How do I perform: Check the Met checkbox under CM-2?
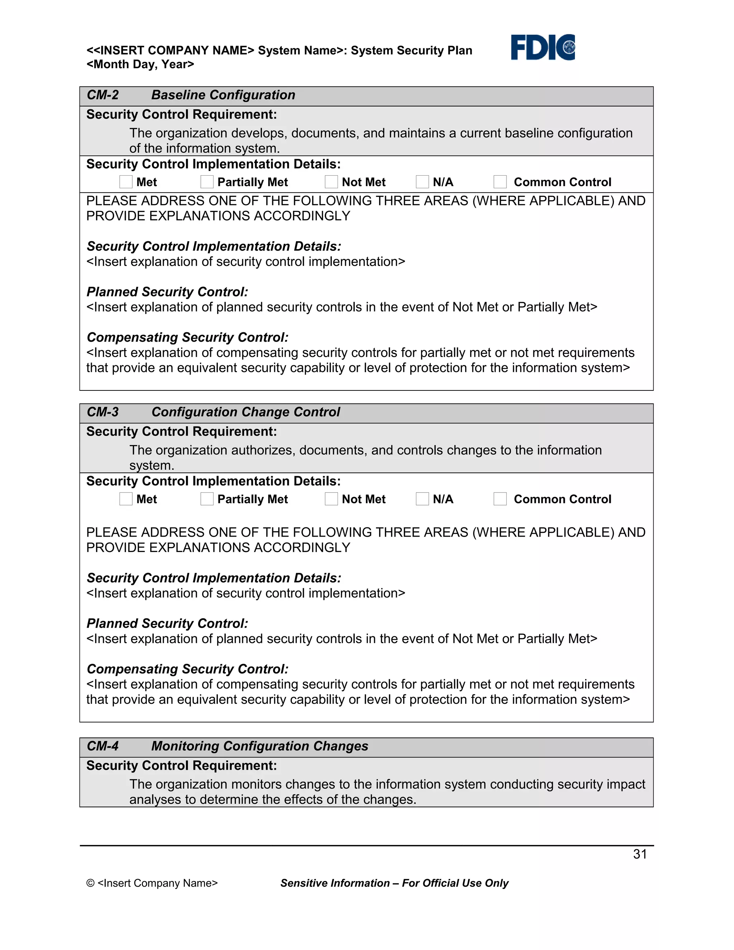tap(126, 182)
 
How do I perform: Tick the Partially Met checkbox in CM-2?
tap(207, 182)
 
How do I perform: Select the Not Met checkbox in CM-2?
tap(332, 182)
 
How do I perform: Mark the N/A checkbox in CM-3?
tap(422, 499)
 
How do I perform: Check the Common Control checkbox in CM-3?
tap(500, 499)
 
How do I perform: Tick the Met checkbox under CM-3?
tap(126, 499)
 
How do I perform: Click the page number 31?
tap(640, 854)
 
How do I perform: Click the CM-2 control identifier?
tap(103, 95)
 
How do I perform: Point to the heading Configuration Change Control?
tap(246, 412)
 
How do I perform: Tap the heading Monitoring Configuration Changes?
tap(259, 746)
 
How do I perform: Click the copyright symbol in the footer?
tap(90, 883)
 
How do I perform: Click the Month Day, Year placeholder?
tap(140, 65)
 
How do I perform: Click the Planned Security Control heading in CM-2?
tap(167, 292)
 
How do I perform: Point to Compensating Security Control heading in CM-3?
tap(187, 669)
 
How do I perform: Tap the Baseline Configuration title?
tap(223, 95)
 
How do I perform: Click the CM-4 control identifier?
tap(103, 746)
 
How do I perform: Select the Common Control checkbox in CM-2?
tap(500, 182)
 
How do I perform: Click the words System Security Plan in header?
tap(411, 51)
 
